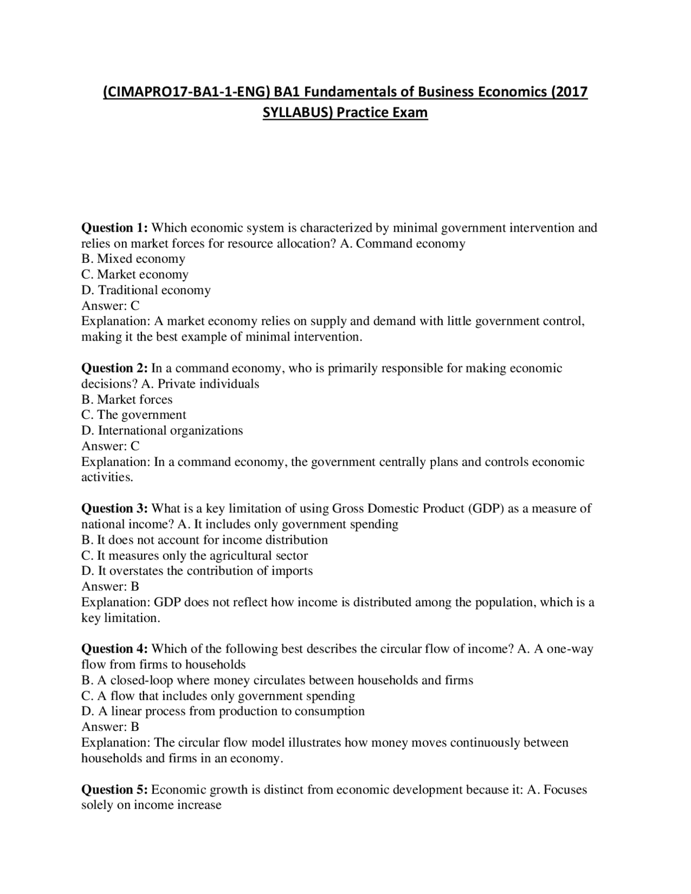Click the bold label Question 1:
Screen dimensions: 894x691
pyautogui.click(x=114, y=228)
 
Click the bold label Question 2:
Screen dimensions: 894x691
pyautogui.click(x=114, y=368)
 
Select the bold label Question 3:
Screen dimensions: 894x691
pyautogui.click(x=114, y=509)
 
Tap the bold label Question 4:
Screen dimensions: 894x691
pyautogui.click(x=114, y=649)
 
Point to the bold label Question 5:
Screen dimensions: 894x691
pyautogui.click(x=114, y=790)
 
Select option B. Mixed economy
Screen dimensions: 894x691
pyautogui.click(x=133, y=259)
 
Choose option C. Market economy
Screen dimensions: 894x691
pyautogui.click(x=134, y=275)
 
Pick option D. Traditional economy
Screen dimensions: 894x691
pyautogui.click(x=146, y=290)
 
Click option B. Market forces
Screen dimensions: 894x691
pyautogui.click(x=127, y=400)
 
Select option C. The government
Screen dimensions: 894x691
pyautogui.click(x=133, y=415)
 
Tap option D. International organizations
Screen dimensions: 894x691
pyautogui.click(x=162, y=431)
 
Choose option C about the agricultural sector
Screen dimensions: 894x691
pyautogui.click(x=194, y=556)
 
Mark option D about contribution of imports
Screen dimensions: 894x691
pyautogui.click(x=197, y=571)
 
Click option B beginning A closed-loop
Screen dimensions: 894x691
pyautogui.click(x=277, y=680)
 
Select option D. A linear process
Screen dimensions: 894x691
pyautogui.click(x=222, y=712)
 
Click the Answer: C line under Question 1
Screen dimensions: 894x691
pyautogui.click(x=110, y=306)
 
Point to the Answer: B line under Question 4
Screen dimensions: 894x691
pyautogui.click(x=110, y=727)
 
